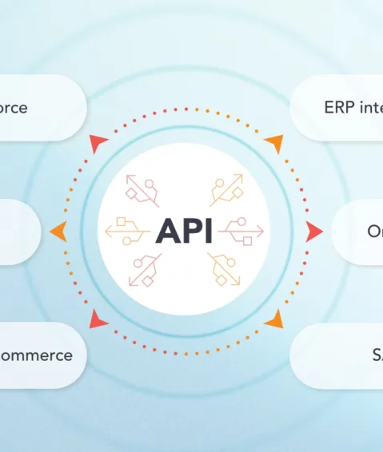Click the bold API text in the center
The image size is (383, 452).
[x=184, y=231]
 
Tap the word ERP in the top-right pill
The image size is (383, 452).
[x=340, y=107]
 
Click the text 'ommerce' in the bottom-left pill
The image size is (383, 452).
[x=36, y=355]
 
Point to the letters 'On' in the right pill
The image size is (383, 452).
[x=374, y=232]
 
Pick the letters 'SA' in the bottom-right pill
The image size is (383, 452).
[x=377, y=355]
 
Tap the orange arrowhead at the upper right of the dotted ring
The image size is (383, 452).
[x=273, y=144]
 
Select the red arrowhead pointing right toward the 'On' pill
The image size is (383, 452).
[x=313, y=232]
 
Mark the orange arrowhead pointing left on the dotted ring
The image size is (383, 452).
[x=58, y=232]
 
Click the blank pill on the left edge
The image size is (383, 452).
[x=16, y=232]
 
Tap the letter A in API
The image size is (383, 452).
[x=166, y=231]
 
